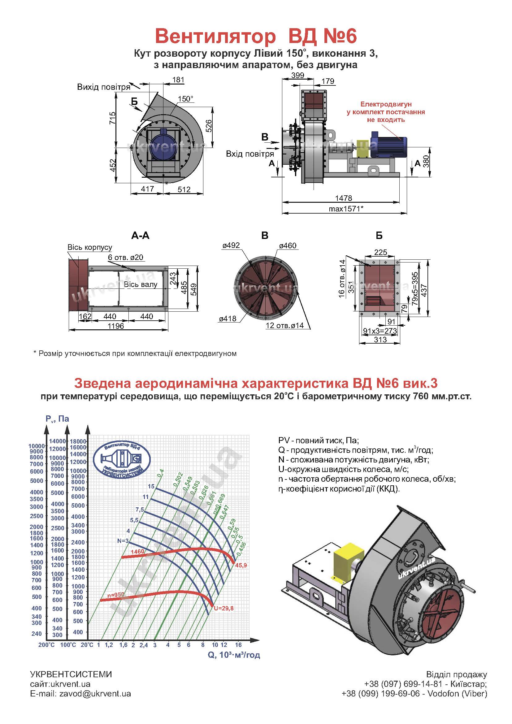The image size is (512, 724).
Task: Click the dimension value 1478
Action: point(343,198)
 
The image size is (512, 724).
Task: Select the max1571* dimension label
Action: point(346,209)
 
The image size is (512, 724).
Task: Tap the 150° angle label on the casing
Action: point(185,99)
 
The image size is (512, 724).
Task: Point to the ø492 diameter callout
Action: point(231,245)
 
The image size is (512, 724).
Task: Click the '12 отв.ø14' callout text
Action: point(284,325)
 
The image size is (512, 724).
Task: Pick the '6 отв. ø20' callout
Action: point(125,257)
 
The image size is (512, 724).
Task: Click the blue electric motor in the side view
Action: point(388,145)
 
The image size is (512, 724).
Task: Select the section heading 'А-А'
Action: point(140,236)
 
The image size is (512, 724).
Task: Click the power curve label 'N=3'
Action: point(123,541)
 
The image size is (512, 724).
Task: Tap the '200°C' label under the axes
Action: point(46,645)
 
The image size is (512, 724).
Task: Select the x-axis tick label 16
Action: point(238,644)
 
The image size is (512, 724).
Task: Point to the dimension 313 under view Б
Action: point(380,340)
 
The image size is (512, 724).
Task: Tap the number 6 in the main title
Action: point(350,36)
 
